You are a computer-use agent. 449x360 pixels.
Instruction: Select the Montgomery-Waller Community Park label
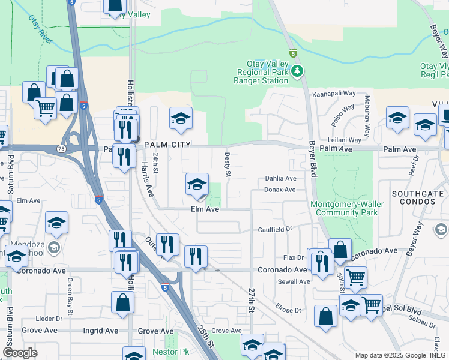pyautogui.click(x=345, y=208)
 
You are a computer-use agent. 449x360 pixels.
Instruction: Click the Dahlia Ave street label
pyautogui.click(x=281, y=179)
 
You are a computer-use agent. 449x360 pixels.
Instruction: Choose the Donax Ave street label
pyautogui.click(x=280, y=190)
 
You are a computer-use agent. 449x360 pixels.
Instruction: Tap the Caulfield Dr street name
pyautogui.click(x=275, y=229)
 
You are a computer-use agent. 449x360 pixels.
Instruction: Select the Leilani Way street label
pyautogui.click(x=345, y=140)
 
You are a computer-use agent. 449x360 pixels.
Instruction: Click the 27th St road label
pyautogui.click(x=252, y=299)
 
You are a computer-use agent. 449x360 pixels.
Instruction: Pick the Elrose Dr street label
pyautogui.click(x=289, y=310)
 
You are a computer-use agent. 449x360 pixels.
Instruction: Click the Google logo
pyautogui.click(x=20, y=353)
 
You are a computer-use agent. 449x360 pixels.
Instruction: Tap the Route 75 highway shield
pyautogui.click(x=45, y=148)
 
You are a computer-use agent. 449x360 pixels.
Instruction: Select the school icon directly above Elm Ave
pyautogui.click(x=197, y=185)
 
